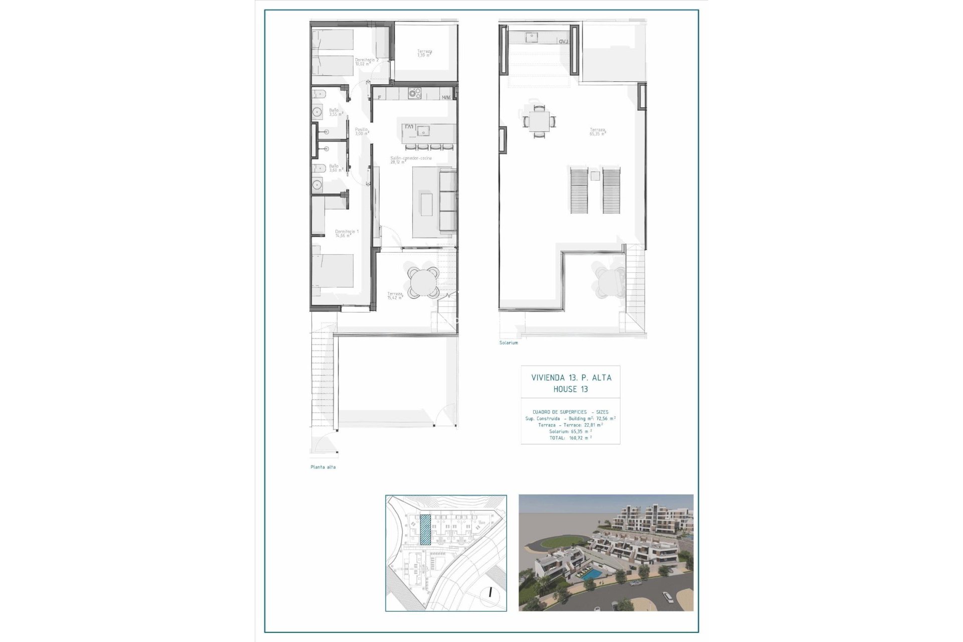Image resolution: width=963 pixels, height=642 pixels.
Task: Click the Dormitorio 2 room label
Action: click(x=366, y=62)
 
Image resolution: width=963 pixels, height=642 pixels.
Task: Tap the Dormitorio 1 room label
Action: click(x=347, y=233)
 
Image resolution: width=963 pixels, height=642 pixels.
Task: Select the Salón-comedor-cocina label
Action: click(x=411, y=160)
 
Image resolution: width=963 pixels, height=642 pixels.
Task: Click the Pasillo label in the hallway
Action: click(x=362, y=131)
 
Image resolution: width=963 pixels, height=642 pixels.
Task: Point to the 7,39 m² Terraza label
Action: click(x=424, y=53)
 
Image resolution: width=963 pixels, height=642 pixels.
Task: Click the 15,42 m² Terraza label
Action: click(x=395, y=296)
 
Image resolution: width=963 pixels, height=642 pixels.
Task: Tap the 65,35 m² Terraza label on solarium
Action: click(x=597, y=132)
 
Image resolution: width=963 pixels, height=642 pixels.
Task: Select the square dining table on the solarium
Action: click(x=539, y=121)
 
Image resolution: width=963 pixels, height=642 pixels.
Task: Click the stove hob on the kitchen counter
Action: click(x=415, y=93)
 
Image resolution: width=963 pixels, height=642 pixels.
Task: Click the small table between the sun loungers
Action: click(x=595, y=176)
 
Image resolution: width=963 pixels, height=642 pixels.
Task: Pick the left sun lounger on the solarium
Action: click(x=579, y=191)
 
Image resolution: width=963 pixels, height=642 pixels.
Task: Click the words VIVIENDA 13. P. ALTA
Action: click(x=571, y=378)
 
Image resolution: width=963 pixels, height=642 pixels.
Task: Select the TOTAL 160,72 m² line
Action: click(x=570, y=438)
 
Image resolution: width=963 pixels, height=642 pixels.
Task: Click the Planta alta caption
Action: click(x=323, y=467)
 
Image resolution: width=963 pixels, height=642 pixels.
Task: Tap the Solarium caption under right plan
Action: click(x=508, y=343)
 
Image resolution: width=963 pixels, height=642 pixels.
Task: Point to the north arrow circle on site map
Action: click(x=491, y=593)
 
